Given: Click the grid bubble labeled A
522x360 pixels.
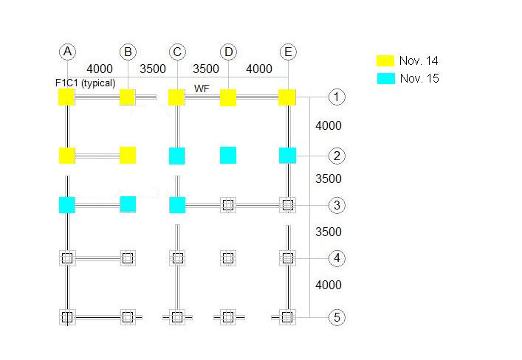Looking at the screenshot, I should click(x=67, y=52).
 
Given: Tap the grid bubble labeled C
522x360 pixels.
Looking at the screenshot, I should click(x=177, y=52).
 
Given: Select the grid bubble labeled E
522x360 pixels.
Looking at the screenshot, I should click(x=288, y=52).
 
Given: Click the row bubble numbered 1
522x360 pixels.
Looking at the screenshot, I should click(x=337, y=97).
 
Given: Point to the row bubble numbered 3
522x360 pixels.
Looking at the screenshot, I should click(x=337, y=205).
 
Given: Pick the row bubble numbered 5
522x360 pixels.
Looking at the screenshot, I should click(x=337, y=317).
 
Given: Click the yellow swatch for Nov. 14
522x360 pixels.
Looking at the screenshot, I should click(x=385, y=61).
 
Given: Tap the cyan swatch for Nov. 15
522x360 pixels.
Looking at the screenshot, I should click(x=385, y=77).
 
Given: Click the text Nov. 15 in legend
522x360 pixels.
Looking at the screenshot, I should click(x=419, y=78).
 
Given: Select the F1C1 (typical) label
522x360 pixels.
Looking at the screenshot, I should click(x=85, y=83).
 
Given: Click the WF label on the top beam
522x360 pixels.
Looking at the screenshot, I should click(x=202, y=89).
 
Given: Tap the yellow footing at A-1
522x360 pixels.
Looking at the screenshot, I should click(x=67, y=97).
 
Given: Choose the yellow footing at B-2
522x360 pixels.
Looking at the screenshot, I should click(x=128, y=155).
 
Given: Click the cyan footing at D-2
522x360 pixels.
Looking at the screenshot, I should click(x=228, y=155).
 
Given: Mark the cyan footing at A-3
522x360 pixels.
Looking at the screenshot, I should click(x=67, y=205).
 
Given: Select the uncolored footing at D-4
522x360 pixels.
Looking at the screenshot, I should click(x=228, y=258).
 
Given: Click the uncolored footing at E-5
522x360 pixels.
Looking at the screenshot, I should click(x=288, y=317).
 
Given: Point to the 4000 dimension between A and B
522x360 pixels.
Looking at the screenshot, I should click(x=100, y=69).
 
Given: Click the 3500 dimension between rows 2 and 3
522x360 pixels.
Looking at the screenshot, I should click(x=329, y=179).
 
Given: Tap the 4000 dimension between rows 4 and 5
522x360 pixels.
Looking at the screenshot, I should click(x=329, y=285).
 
